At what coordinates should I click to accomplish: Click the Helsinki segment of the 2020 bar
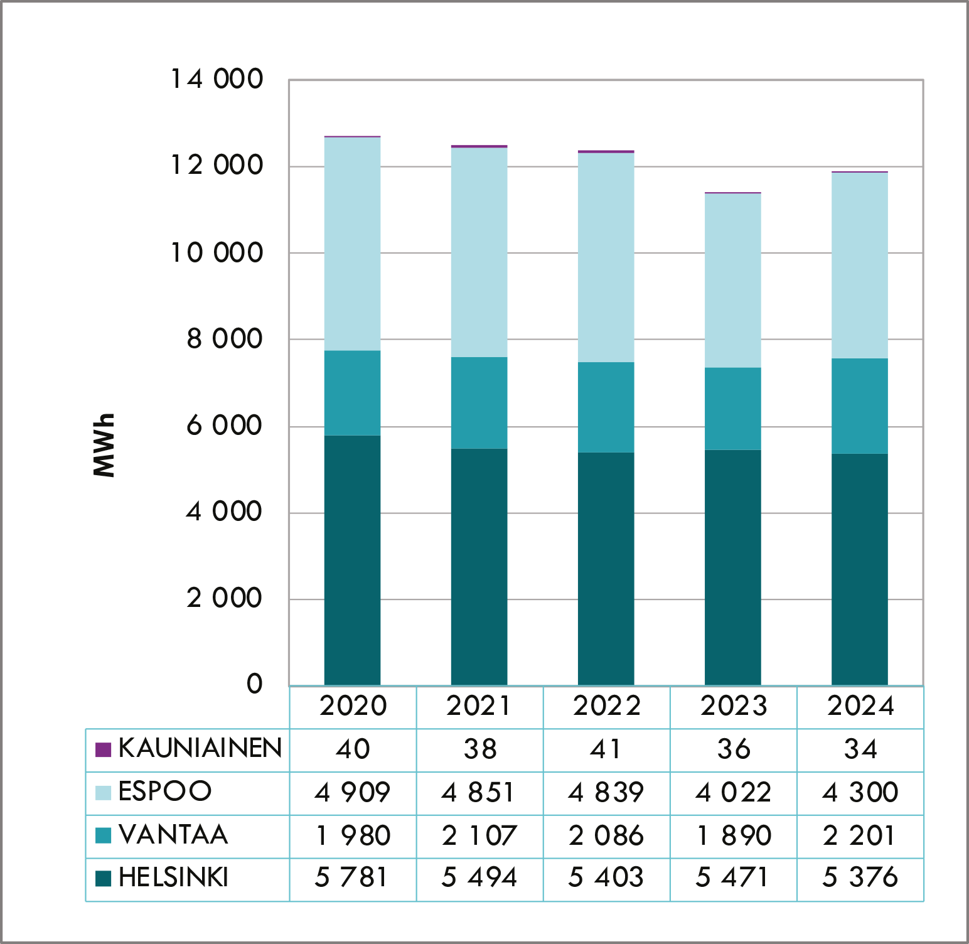[x=352, y=560]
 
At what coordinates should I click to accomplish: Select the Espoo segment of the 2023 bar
[x=732, y=280]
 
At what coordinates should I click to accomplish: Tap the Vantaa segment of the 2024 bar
[x=859, y=405]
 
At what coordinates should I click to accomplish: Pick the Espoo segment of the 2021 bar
[x=479, y=252]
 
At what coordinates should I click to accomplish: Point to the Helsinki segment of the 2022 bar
[x=606, y=569]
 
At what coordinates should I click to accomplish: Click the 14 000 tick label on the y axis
[x=217, y=79]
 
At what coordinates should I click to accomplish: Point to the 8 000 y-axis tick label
[x=224, y=339]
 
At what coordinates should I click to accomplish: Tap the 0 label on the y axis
[x=254, y=684]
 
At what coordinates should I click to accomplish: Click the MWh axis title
[x=104, y=445]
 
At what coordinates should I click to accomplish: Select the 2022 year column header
[x=606, y=706]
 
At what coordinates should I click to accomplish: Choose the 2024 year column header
[x=860, y=706]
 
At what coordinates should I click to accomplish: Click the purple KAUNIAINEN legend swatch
[x=103, y=749]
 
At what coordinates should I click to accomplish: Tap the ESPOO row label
[x=165, y=791]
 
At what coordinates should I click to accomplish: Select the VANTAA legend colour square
[x=103, y=835]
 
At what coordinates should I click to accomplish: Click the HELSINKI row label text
[x=173, y=877]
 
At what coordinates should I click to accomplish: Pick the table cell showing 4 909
[x=353, y=792]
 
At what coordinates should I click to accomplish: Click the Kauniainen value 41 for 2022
[x=606, y=749]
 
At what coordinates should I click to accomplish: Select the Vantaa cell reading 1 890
[x=734, y=835]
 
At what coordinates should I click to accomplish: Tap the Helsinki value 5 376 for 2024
[x=860, y=877]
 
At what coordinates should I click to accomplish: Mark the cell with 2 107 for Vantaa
[x=479, y=835]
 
